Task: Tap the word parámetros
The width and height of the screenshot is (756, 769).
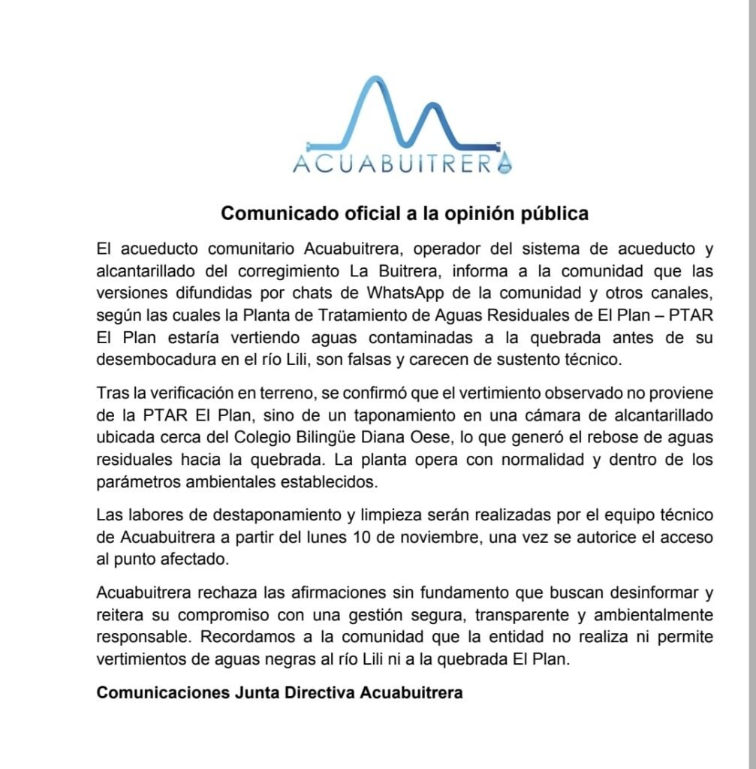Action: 139,480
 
